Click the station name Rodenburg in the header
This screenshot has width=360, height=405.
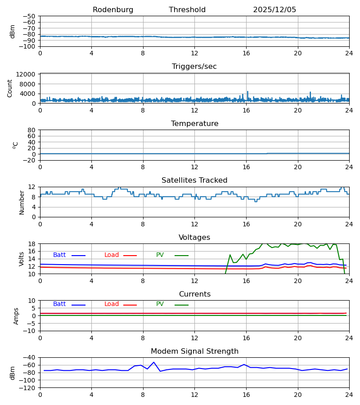tap(113, 10)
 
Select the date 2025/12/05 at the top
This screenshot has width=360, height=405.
tap(274, 10)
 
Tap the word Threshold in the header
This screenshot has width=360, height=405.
tap(187, 10)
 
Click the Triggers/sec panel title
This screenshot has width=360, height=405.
tap(194, 67)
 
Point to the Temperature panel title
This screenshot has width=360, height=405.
tap(194, 124)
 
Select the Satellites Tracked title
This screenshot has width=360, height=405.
tap(194, 180)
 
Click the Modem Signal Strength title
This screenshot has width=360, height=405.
tap(194, 351)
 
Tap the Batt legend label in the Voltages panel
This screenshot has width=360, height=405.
tap(59, 255)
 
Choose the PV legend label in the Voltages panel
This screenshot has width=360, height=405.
tap(160, 255)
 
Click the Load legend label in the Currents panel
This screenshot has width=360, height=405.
tap(112, 304)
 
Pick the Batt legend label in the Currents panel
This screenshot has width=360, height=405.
tap(59, 304)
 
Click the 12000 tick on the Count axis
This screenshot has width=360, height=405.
tap(29, 74)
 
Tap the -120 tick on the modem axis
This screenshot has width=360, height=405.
tap(29, 387)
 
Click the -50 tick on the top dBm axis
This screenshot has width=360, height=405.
tap(31, 16)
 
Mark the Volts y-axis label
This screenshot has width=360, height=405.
tap(22, 259)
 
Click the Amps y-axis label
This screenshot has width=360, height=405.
tap(17, 316)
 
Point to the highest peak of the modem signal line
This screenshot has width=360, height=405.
tap(153, 362)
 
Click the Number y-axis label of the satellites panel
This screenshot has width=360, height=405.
tap(22, 202)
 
